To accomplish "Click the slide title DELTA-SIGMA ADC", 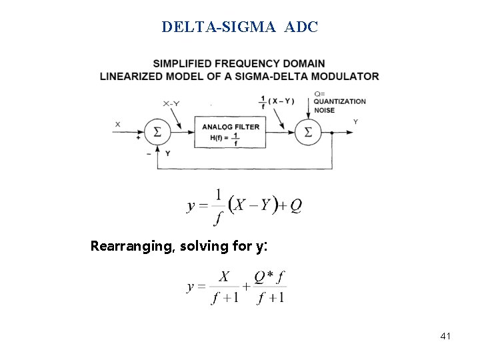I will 240,27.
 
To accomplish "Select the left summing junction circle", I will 157,132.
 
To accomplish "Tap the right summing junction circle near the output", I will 307,132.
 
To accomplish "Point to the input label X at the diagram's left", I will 118,124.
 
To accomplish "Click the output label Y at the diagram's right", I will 355,122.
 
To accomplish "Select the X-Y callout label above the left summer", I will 170,103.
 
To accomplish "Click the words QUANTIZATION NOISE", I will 339,105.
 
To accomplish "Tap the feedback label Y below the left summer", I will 168,153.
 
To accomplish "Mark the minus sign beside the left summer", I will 148,153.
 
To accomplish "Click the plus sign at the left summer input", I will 139,138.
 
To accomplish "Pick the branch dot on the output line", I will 332,132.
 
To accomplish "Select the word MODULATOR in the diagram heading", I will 347,76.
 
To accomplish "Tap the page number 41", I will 445,336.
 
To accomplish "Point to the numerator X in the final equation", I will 225,277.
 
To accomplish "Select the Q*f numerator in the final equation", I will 270,277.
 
